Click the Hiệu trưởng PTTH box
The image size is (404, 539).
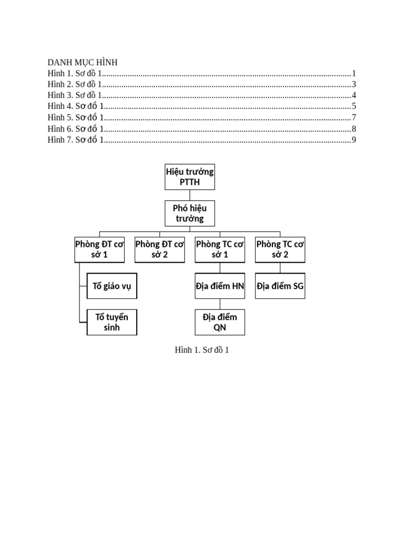(x=189, y=177)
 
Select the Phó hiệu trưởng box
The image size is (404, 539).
(x=189, y=213)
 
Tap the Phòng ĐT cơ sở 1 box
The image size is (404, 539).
(x=99, y=249)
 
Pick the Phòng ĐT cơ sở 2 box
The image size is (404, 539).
(x=159, y=249)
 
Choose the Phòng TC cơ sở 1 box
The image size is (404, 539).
(x=220, y=249)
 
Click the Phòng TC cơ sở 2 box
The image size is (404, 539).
(x=280, y=249)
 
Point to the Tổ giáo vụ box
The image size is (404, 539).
(x=112, y=286)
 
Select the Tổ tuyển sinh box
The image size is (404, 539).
(x=112, y=322)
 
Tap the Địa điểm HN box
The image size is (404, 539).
(x=220, y=286)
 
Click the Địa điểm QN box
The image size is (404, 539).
(x=220, y=322)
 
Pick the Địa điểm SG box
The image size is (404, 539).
(x=280, y=286)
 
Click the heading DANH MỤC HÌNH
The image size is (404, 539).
(x=83, y=63)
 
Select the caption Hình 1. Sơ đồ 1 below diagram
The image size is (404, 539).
(x=201, y=350)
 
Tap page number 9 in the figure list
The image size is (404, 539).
(x=354, y=139)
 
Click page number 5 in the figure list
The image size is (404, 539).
(x=354, y=106)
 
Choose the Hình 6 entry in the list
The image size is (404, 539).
(x=76, y=128)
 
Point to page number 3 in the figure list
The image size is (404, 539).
(x=354, y=84)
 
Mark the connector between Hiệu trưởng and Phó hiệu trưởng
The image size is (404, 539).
(x=189, y=195)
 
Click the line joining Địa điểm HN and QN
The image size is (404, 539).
(x=220, y=304)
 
